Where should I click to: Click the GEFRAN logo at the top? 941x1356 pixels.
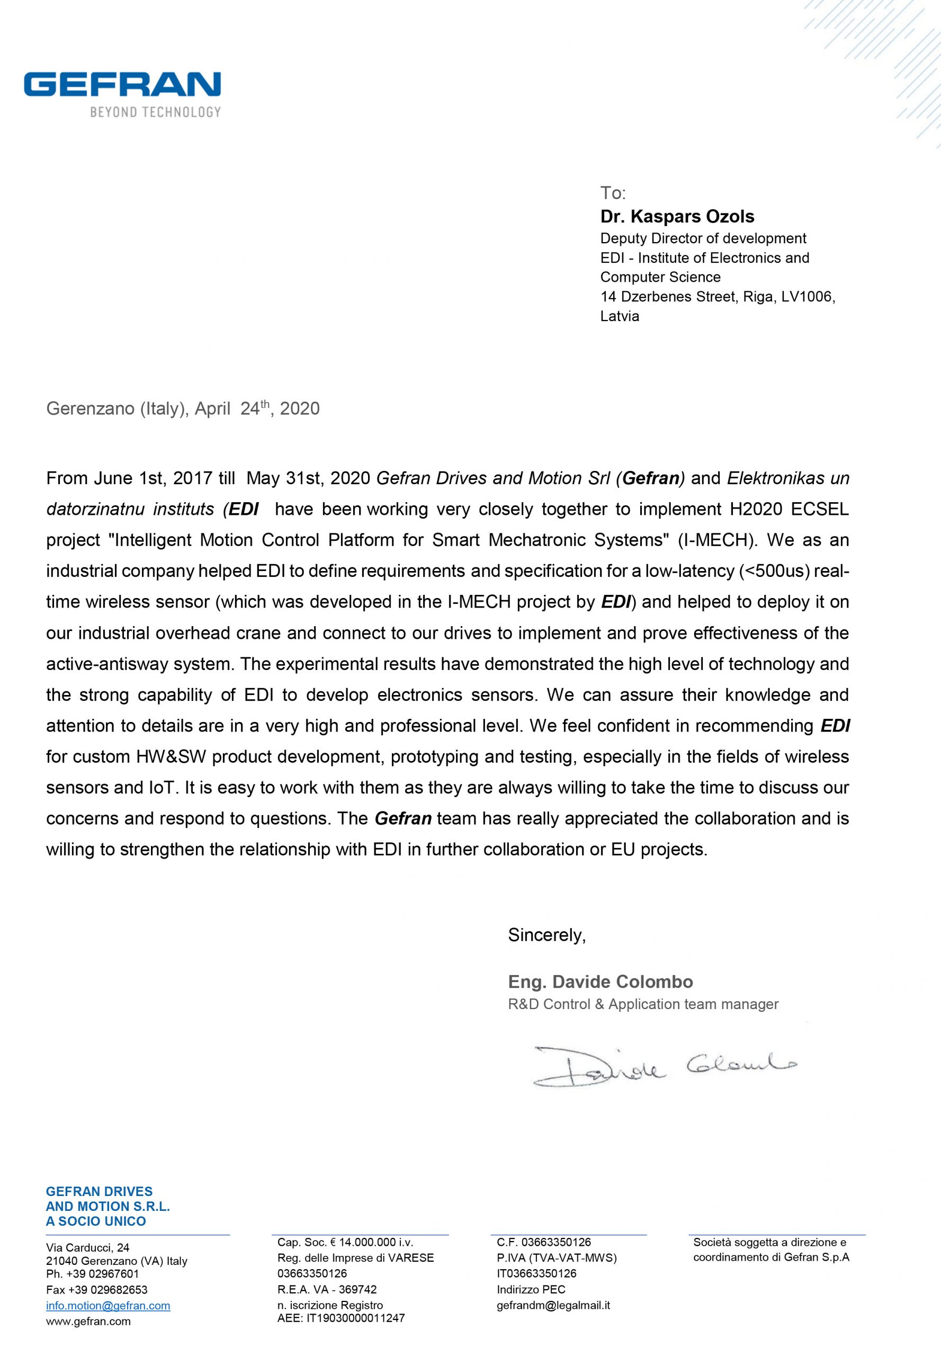(x=122, y=84)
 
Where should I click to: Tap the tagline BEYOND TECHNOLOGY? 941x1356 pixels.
(x=155, y=112)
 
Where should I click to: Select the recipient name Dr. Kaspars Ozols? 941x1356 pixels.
(x=677, y=217)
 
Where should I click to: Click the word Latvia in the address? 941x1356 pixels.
(x=619, y=316)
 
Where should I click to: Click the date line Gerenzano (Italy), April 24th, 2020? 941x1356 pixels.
(x=183, y=409)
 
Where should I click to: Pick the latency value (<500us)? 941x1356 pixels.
(x=774, y=571)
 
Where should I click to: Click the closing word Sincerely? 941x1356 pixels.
(x=546, y=935)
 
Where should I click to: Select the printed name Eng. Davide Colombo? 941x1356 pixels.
(x=600, y=982)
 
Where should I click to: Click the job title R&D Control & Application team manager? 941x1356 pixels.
(x=643, y=1004)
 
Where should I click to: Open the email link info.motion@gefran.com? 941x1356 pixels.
(x=108, y=1306)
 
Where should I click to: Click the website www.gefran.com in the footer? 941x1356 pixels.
(x=88, y=1321)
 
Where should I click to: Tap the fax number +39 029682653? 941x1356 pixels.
(x=97, y=1290)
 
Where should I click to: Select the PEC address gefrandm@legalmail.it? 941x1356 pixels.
(x=553, y=1305)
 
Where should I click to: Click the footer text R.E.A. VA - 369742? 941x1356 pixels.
(x=327, y=1289)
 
